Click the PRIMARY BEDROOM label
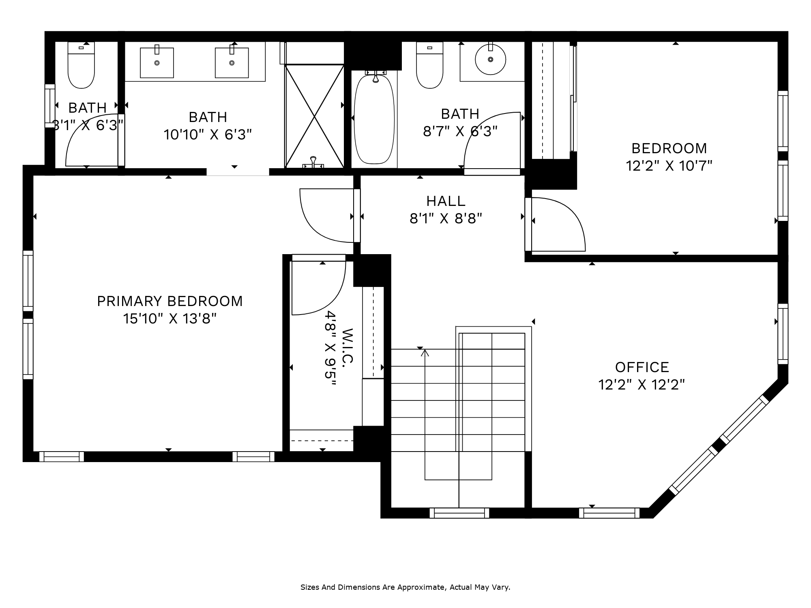(170, 301)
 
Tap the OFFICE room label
(642, 367)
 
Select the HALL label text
(446, 201)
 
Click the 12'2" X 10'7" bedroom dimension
(669, 166)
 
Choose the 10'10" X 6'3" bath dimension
(208, 134)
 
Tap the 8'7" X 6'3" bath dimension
(460, 131)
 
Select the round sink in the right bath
(491, 59)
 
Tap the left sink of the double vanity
(157, 62)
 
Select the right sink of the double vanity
(232, 62)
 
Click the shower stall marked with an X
(315, 116)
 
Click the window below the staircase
(459, 513)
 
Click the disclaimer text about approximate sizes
(405, 587)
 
